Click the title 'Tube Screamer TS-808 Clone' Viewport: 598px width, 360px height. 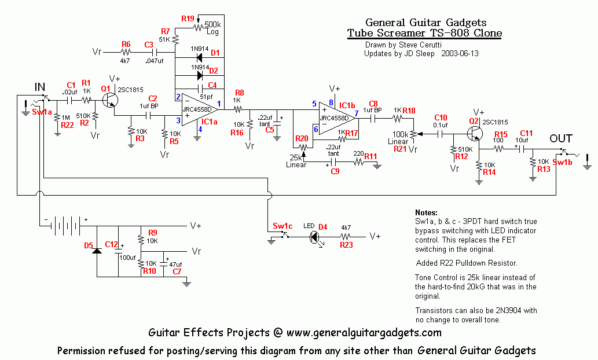(424, 33)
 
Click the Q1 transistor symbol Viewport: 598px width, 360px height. (110, 100)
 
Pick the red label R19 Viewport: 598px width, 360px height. (188, 19)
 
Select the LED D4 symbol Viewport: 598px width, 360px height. (315, 236)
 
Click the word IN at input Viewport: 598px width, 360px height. (40, 87)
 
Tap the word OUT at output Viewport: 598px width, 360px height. (561, 138)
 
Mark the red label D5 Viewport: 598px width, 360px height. (89, 245)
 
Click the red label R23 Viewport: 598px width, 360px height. (346, 245)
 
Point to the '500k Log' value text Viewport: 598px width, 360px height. (212, 29)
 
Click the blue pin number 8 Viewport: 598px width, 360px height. (331, 102)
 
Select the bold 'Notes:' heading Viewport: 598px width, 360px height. (427, 213)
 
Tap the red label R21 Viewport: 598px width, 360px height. (400, 149)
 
